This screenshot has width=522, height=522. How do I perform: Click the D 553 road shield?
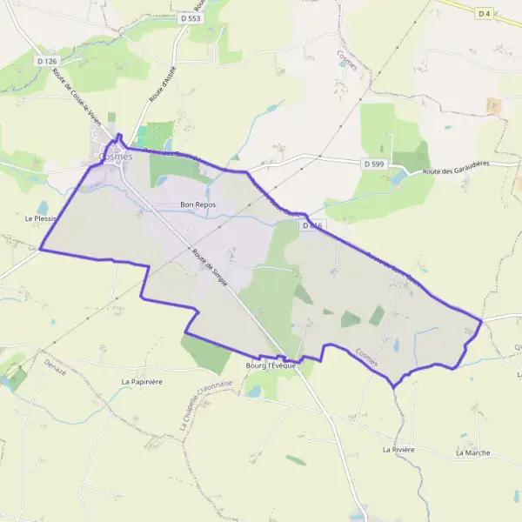191,17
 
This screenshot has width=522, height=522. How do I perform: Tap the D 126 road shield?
47,61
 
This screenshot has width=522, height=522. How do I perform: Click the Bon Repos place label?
197,204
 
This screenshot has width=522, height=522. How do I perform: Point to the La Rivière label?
398,449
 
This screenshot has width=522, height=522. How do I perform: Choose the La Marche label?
472,452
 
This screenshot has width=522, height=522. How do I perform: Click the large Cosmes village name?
116,157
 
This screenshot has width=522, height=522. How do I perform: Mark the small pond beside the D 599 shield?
398,177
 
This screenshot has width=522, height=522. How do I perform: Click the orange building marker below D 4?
494,105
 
